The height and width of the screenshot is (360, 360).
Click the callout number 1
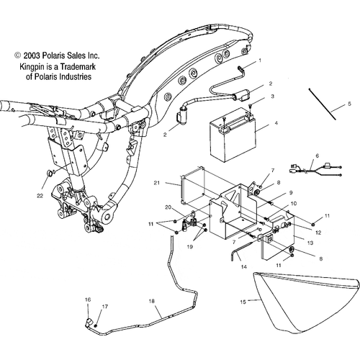(x=260, y=60)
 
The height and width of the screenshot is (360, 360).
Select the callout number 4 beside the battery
(x=276, y=123)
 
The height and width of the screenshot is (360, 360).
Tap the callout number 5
(x=349, y=104)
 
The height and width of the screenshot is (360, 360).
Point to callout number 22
(x=40, y=196)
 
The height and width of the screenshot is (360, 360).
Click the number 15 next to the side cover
(x=243, y=302)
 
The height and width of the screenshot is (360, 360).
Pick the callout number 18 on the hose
(x=152, y=301)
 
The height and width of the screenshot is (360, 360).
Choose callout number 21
(x=157, y=183)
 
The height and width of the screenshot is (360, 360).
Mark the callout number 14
(x=244, y=266)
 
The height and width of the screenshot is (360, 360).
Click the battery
(x=233, y=135)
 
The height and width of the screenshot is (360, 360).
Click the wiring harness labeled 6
(x=316, y=170)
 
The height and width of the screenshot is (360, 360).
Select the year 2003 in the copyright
(x=32, y=55)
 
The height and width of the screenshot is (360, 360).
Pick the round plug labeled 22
(x=49, y=173)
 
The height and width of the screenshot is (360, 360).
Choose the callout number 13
(x=310, y=243)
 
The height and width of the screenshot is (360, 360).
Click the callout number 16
(x=88, y=300)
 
